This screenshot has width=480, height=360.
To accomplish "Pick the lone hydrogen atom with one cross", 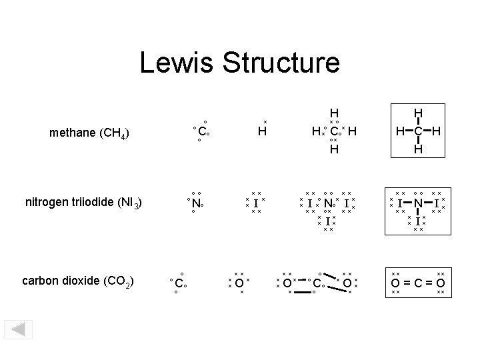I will pyautogui.click(x=262, y=132).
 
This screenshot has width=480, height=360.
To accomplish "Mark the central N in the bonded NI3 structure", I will pyautogui.click(x=417, y=202).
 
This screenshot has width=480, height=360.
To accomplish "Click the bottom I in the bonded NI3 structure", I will pyautogui.click(x=417, y=221).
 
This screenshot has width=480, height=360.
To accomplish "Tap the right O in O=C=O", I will pyautogui.click(x=440, y=283).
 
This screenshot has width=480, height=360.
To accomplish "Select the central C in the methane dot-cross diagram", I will pyautogui.click(x=335, y=132).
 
